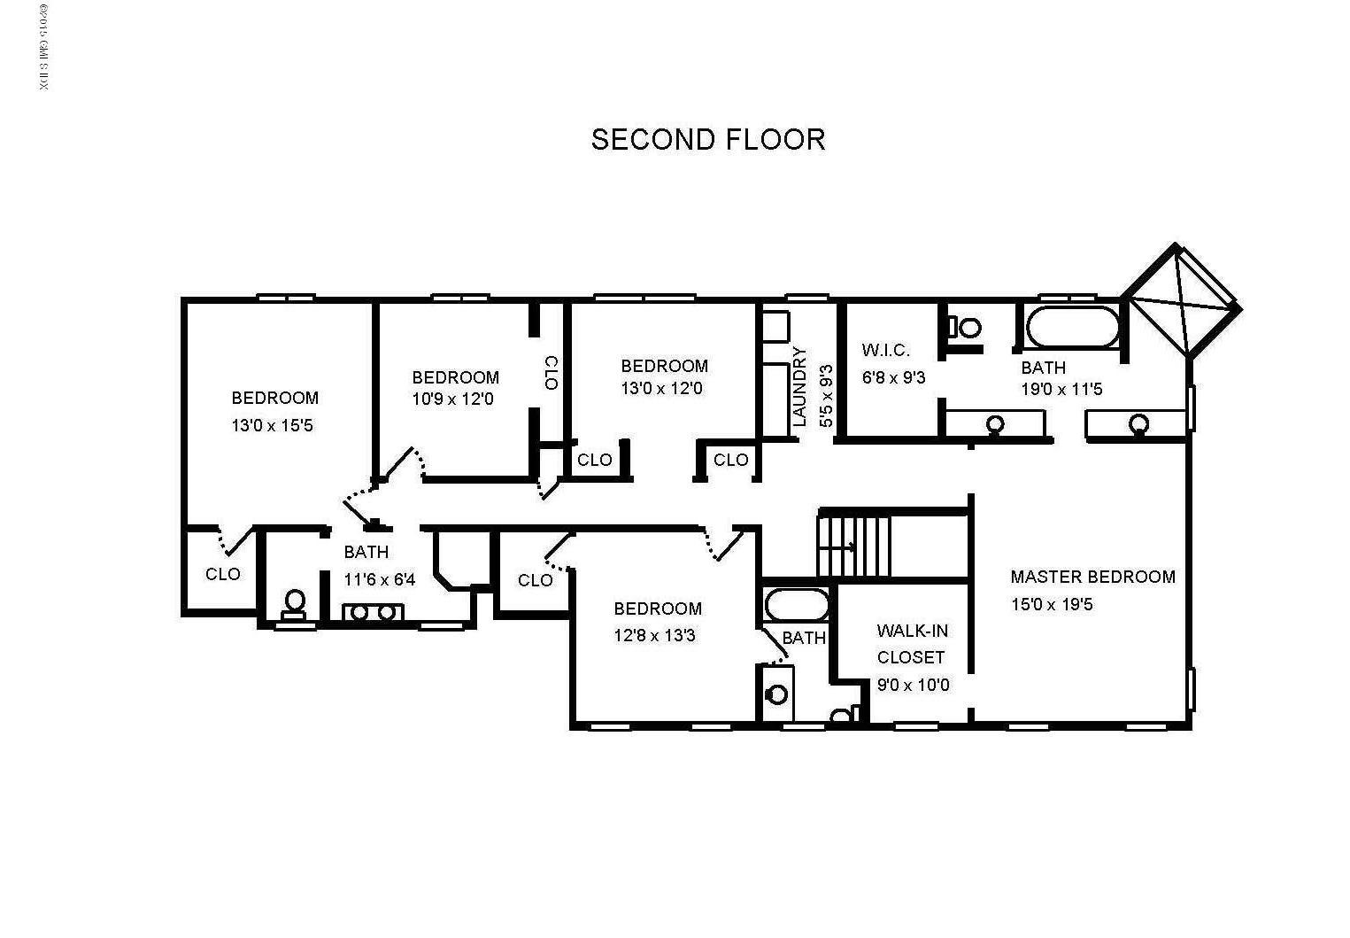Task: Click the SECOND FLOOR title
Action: [x=707, y=139]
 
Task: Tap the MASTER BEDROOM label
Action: [x=1092, y=577]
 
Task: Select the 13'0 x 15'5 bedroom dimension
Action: [x=272, y=425]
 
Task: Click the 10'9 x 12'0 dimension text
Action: [x=452, y=399]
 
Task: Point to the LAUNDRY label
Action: [x=799, y=387]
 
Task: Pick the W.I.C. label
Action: [x=885, y=350]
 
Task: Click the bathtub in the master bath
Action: [x=1072, y=327]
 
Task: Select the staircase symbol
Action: [x=853, y=547]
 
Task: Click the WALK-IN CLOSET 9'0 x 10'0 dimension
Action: [x=913, y=685]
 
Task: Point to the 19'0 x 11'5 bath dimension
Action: [x=1061, y=390]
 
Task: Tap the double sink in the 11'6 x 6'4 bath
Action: [x=373, y=612]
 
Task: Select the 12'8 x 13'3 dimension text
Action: [x=654, y=635]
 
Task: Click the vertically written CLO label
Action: [x=551, y=373]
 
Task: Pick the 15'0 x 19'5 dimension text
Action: [x=1052, y=604]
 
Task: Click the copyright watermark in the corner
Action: [x=43, y=48]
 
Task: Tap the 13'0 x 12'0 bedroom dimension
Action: [x=662, y=388]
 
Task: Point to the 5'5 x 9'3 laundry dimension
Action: [x=826, y=395]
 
